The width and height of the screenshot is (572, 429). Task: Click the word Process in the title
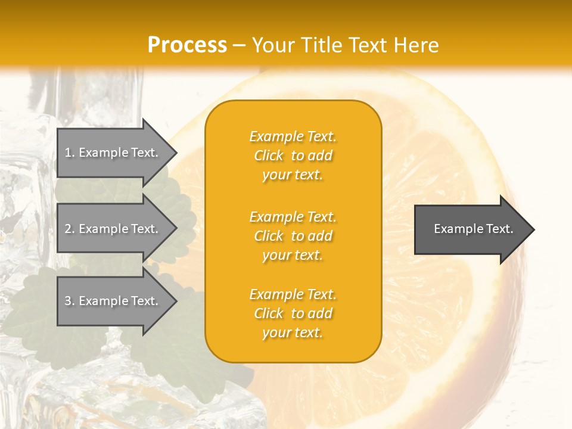pyautogui.click(x=187, y=45)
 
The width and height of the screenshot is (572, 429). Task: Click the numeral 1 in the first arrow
pyautogui.click(x=68, y=153)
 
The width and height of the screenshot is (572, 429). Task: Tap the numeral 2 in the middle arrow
pyautogui.click(x=68, y=229)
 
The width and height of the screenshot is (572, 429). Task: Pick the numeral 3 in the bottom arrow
pyautogui.click(x=68, y=301)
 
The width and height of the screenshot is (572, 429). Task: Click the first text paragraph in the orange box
pyautogui.click(x=293, y=156)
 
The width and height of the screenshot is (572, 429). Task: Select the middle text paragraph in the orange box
pyautogui.click(x=293, y=236)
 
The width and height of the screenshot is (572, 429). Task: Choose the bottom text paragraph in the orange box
pyautogui.click(x=293, y=313)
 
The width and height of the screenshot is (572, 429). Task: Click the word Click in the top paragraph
pyautogui.click(x=269, y=156)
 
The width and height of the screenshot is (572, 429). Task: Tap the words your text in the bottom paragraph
pyautogui.click(x=293, y=332)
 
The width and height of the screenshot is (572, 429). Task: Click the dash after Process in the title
pyautogui.click(x=239, y=45)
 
